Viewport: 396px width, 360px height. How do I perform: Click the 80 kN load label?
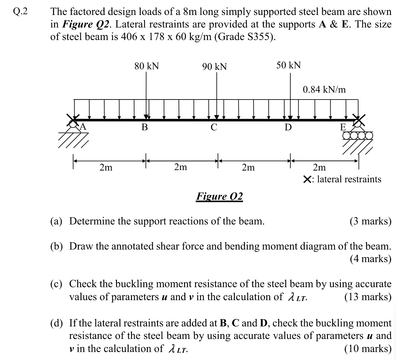pos(147,66)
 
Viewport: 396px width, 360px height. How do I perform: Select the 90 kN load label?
pos(214,67)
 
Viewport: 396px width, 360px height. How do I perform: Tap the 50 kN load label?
pos(288,65)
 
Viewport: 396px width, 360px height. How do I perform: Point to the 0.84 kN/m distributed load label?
pos(324,89)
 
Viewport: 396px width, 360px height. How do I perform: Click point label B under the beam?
pos(144,127)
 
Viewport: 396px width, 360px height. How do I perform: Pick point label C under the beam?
pos(214,127)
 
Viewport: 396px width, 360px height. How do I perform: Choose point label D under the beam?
pos(288,127)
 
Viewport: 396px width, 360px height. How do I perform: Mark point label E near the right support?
pos(343,127)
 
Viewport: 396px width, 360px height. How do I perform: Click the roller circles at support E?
pos(357,135)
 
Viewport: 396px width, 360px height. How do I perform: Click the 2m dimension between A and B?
pos(106,168)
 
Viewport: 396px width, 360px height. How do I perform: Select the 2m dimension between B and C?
pos(180,167)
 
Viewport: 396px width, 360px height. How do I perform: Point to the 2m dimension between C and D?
pos(248,168)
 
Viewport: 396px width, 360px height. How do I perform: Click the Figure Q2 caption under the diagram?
pos(219,196)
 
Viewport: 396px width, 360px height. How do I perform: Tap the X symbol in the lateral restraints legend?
pos(307,179)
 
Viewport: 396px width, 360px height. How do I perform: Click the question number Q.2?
pos(20,11)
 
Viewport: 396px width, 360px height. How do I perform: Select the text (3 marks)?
pos(370,221)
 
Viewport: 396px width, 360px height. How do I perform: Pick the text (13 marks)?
pos(368,296)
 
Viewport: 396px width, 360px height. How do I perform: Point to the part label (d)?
pos(56,323)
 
